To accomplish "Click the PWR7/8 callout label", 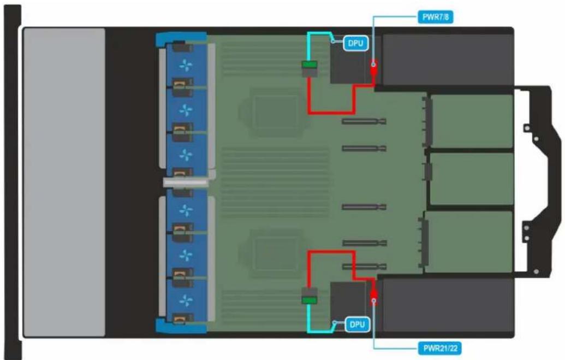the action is (435, 17).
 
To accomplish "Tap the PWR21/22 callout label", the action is (440, 349).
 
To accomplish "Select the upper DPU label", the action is (355, 43).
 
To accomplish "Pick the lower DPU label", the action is (356, 324).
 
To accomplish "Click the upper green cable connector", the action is (310, 65).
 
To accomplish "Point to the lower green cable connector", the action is (310, 300).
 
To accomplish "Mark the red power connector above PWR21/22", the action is (374, 294).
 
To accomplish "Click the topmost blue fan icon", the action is (186, 66).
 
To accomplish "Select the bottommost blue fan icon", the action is (186, 300).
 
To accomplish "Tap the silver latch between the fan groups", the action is (186, 182).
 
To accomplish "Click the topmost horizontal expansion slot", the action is (364, 122).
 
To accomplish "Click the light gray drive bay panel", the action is (64, 182).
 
